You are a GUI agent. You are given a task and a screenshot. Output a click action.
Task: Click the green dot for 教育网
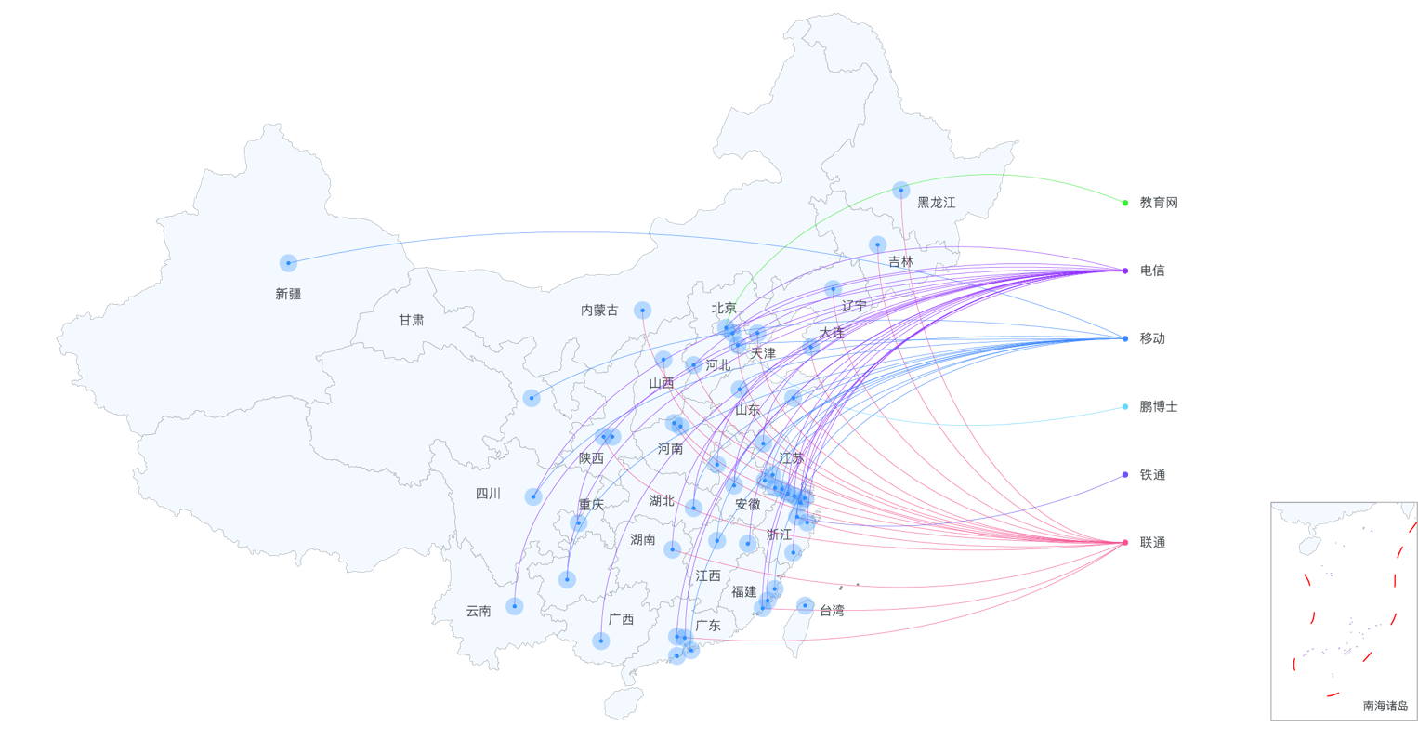[x=1124, y=203]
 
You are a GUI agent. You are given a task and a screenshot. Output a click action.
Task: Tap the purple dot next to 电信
[x=1124, y=271]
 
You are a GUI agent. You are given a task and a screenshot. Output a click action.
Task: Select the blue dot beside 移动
[x=1124, y=338]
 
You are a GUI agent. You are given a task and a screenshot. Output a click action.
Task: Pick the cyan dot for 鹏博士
[x=1124, y=406]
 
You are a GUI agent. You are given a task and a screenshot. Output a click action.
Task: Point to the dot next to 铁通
[x=1124, y=475]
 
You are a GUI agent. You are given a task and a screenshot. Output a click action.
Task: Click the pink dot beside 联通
[x=1124, y=543]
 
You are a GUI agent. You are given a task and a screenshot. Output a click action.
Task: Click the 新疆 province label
[x=288, y=294]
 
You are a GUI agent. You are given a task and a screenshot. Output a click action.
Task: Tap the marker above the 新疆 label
[x=288, y=263]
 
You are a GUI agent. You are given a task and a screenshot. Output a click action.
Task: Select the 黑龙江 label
[x=936, y=203]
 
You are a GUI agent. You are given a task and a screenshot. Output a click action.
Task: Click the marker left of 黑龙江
[x=900, y=191]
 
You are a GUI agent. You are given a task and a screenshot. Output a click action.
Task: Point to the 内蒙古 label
[x=599, y=311]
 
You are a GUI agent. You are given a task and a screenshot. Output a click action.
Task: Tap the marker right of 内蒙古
[x=642, y=311]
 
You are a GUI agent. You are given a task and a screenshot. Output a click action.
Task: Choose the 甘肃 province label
[x=411, y=320]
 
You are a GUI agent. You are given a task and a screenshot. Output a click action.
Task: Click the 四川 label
[x=488, y=494]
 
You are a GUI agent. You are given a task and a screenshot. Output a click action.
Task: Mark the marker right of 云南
[x=514, y=606]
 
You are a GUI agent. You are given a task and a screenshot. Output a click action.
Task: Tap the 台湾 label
[x=832, y=611]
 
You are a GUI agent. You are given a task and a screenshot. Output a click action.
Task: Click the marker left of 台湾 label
[x=805, y=606]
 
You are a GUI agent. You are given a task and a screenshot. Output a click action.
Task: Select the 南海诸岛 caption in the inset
[x=1385, y=706]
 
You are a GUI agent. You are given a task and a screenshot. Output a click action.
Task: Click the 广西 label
[x=621, y=619]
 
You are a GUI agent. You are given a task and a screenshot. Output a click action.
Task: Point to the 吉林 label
[x=900, y=262]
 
